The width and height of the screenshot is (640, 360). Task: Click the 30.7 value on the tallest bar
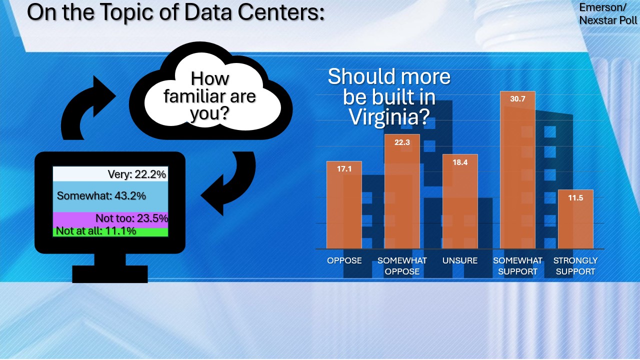coord(517,99)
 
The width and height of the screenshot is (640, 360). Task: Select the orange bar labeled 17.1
coord(344,205)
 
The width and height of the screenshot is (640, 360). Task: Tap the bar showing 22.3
coord(402,191)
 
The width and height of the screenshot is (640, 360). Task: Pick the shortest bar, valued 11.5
coord(575,219)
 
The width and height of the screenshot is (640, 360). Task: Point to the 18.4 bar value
coord(460,162)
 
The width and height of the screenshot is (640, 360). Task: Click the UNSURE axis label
coord(460,260)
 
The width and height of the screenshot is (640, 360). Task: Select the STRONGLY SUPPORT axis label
coord(575,266)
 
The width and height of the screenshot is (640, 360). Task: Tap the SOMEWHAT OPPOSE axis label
coord(402,266)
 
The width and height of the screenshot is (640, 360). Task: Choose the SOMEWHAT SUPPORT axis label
coord(517,266)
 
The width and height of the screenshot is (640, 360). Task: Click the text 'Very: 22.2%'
coord(137,174)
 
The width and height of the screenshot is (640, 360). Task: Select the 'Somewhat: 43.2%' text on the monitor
coord(101,195)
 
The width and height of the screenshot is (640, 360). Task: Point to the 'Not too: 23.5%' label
coord(131,218)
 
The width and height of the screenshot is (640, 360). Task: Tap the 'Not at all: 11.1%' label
coord(96,231)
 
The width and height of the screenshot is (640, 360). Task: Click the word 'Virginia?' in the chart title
coord(389,117)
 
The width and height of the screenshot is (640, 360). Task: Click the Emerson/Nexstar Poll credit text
coord(607,13)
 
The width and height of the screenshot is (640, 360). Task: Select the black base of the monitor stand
coord(110,274)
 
